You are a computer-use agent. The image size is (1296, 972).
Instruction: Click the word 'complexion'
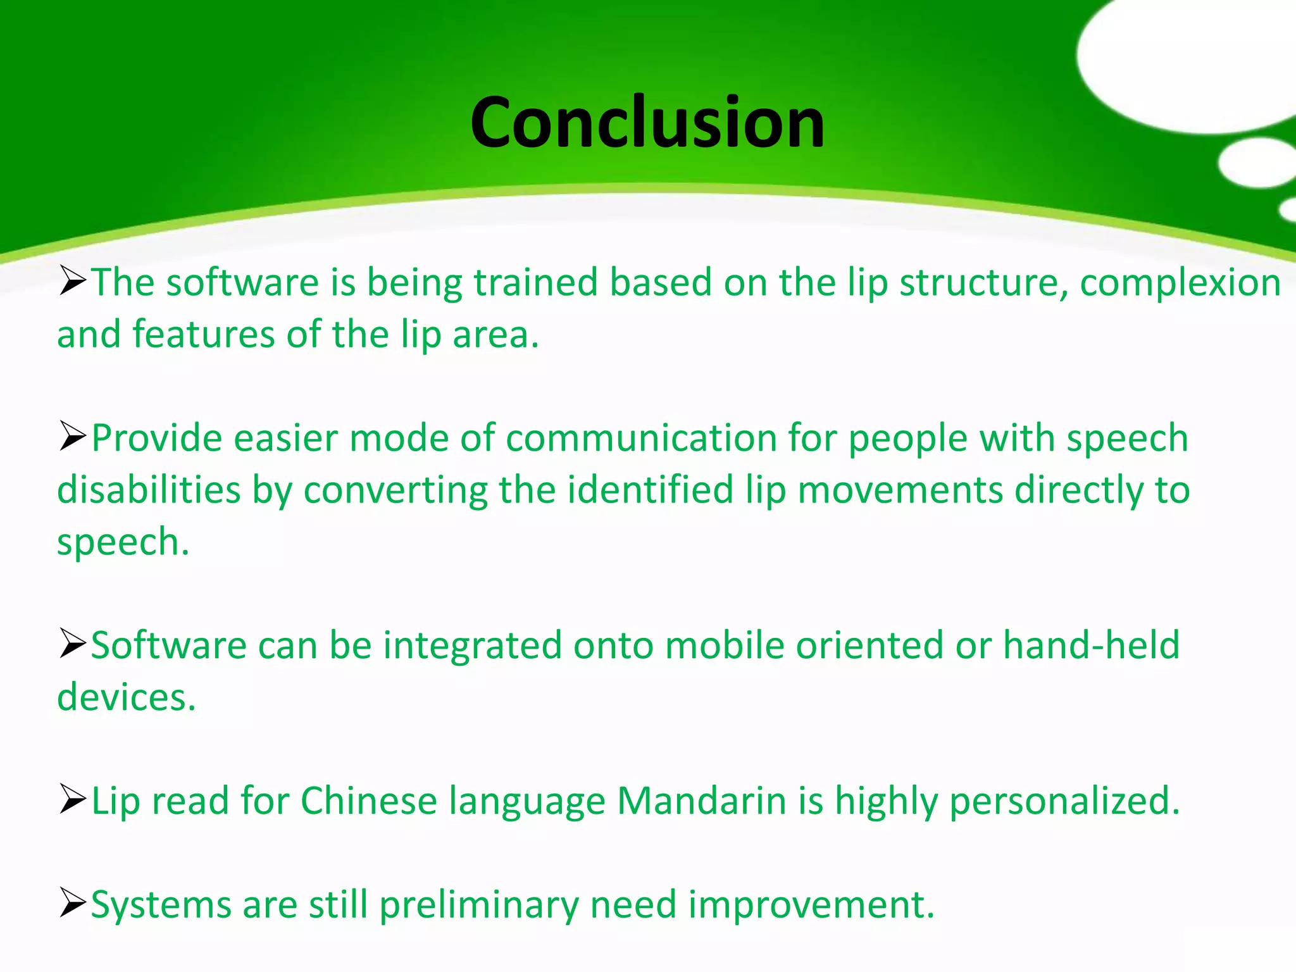(1180, 283)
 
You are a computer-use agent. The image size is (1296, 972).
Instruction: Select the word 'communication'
(641, 438)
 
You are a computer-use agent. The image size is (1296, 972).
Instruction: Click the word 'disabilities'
(149, 490)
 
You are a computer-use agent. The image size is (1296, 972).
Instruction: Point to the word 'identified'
(650, 490)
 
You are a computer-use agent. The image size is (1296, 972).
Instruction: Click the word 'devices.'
(127, 697)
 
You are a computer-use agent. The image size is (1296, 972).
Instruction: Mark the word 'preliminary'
(479, 906)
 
